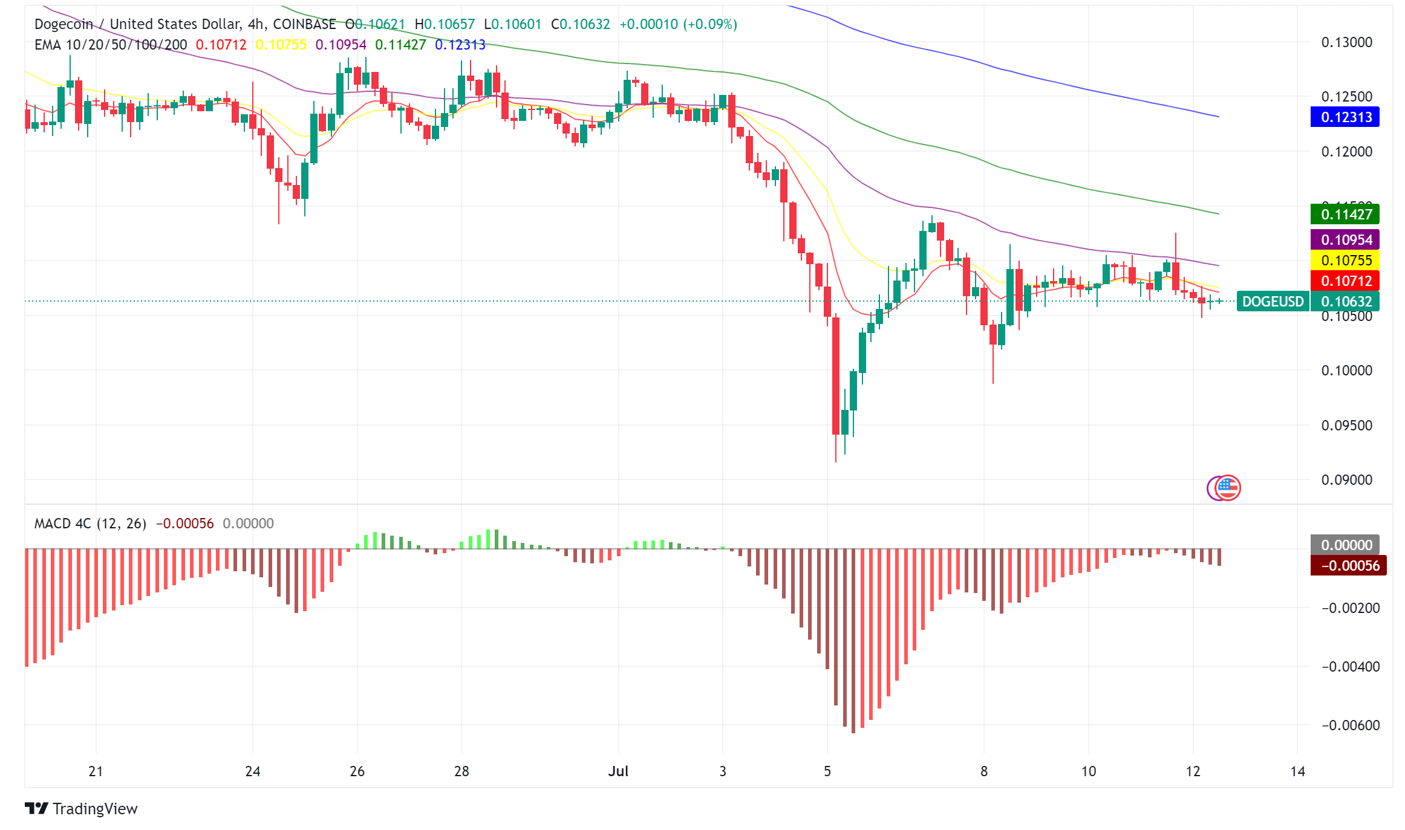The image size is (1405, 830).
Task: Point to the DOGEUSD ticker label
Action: pos(1273,301)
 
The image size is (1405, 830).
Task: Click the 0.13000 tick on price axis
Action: pos(1346,42)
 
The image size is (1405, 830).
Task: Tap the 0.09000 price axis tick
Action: pos(1346,480)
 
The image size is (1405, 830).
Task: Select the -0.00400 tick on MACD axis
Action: pos(1350,667)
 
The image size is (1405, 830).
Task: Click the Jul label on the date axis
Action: pos(618,771)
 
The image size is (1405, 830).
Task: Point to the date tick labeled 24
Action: pos(253,771)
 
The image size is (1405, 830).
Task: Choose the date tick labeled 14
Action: pos(1297,771)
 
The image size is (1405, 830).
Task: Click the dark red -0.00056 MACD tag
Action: pos(1348,566)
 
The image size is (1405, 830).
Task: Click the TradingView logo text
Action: pos(95,809)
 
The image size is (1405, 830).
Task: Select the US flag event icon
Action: pos(1228,487)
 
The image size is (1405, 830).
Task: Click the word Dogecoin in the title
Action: pos(64,24)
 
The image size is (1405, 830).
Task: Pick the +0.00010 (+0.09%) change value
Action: pos(678,24)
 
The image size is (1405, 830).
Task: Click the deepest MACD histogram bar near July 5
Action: pos(853,641)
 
